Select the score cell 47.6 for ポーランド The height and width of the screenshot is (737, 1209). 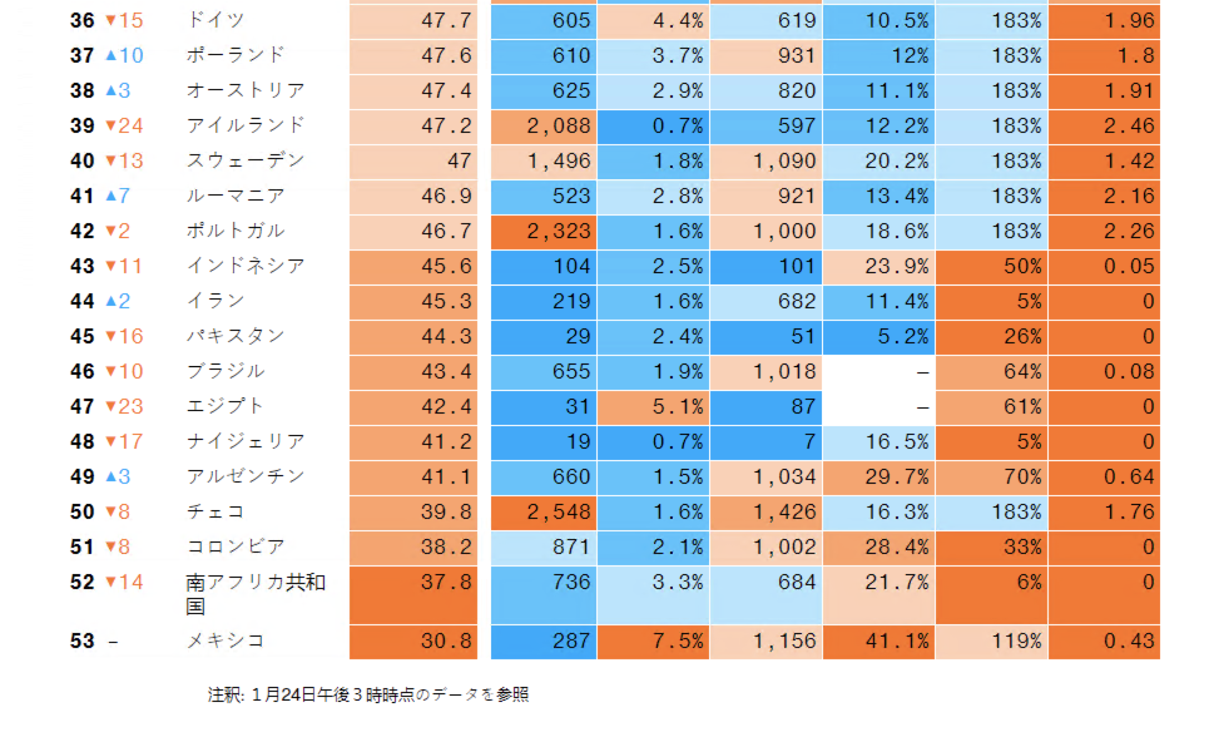click(x=413, y=56)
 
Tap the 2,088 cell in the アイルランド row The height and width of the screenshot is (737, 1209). click(x=544, y=126)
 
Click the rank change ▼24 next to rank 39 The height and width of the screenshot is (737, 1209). click(x=124, y=126)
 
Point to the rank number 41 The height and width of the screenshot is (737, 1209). click(x=81, y=196)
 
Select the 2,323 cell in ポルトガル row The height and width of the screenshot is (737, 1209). click(x=544, y=231)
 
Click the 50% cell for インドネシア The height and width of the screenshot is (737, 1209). click(x=992, y=266)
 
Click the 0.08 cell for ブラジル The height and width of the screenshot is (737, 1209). click(x=1104, y=372)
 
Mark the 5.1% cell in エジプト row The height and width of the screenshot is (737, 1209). click(x=653, y=407)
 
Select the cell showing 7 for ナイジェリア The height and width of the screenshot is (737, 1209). click(x=766, y=442)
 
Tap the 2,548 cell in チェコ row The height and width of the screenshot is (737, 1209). click(x=544, y=512)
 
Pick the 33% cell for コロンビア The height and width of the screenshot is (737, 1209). click(x=992, y=547)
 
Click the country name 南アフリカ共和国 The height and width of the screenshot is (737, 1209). click(x=255, y=594)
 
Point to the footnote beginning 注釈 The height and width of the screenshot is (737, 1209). click(x=368, y=695)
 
